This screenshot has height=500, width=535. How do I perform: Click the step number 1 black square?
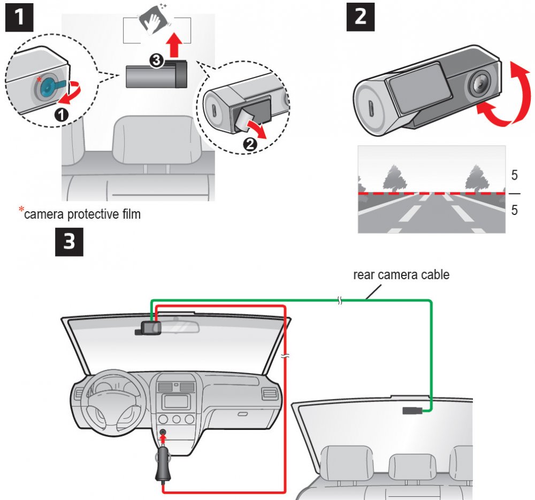coord(19,18)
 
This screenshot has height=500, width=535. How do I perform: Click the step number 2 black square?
coord(361,18)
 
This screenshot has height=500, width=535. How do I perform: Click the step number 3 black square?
coord(70,242)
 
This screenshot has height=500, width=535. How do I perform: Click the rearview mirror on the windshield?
coord(178,327)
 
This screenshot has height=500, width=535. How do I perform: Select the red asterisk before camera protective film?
coord(22,210)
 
